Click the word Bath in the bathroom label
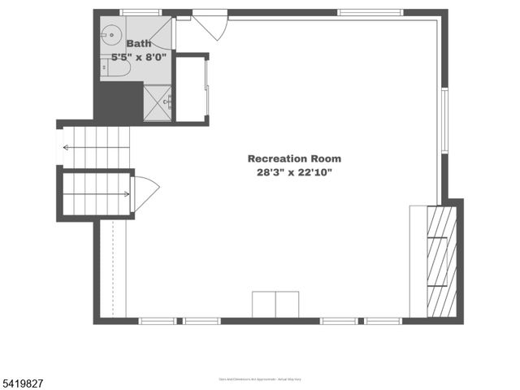coord(139,44)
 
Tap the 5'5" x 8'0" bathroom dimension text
coord(139,58)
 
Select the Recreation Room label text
coord(294,158)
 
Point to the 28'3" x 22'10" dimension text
coord(294,172)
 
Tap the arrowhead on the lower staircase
coord(126,194)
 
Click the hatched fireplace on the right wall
coord(442,261)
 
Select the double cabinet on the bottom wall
coord(275,304)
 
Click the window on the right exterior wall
coord(444,119)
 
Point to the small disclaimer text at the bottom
coord(260,379)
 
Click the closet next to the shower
coord(192,89)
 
